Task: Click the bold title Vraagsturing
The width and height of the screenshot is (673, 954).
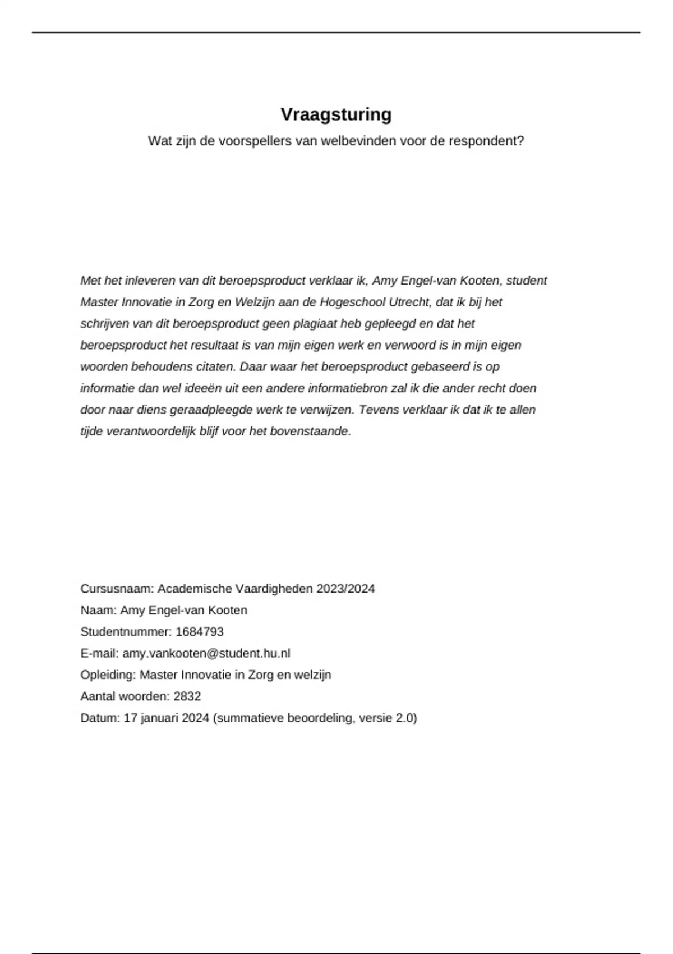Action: click(x=336, y=114)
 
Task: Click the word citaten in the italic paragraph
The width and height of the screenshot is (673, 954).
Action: click(x=215, y=367)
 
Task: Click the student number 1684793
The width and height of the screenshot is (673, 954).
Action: click(x=200, y=632)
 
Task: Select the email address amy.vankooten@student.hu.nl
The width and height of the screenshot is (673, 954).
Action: click(x=206, y=653)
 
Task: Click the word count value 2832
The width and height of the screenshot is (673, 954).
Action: click(x=187, y=696)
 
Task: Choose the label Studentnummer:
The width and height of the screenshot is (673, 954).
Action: click(x=126, y=632)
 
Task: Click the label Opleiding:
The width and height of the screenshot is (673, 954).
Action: click(x=108, y=675)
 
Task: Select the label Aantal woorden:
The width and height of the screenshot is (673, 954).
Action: click(x=125, y=696)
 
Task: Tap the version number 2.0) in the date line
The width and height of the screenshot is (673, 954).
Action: click(x=406, y=718)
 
